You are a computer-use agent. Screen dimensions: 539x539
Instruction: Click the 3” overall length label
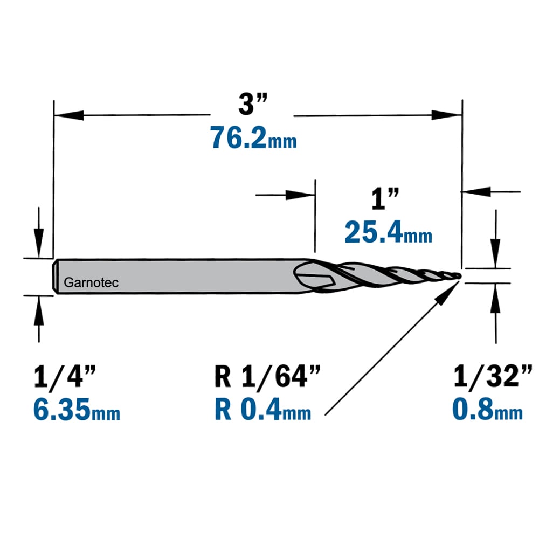(x=253, y=104)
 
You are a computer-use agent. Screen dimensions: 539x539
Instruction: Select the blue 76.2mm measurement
(x=253, y=137)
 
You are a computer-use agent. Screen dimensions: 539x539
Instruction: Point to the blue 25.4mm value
(x=389, y=232)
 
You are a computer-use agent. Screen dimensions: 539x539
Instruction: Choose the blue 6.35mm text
(x=77, y=410)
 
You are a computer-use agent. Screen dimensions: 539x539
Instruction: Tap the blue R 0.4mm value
(x=263, y=410)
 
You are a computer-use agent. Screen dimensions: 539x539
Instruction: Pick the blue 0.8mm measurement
(x=487, y=409)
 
